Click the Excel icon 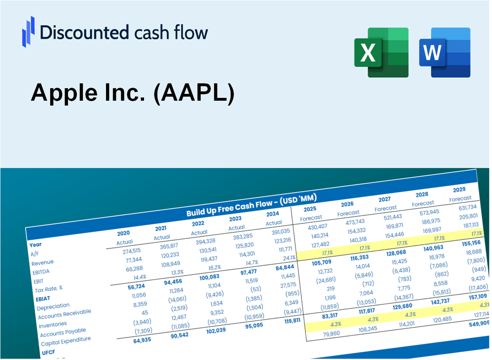click(x=381, y=52)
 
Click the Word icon click(x=445, y=52)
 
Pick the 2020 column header click(x=123, y=233)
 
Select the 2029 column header click(x=459, y=190)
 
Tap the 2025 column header click(x=310, y=209)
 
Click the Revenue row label click(x=42, y=263)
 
